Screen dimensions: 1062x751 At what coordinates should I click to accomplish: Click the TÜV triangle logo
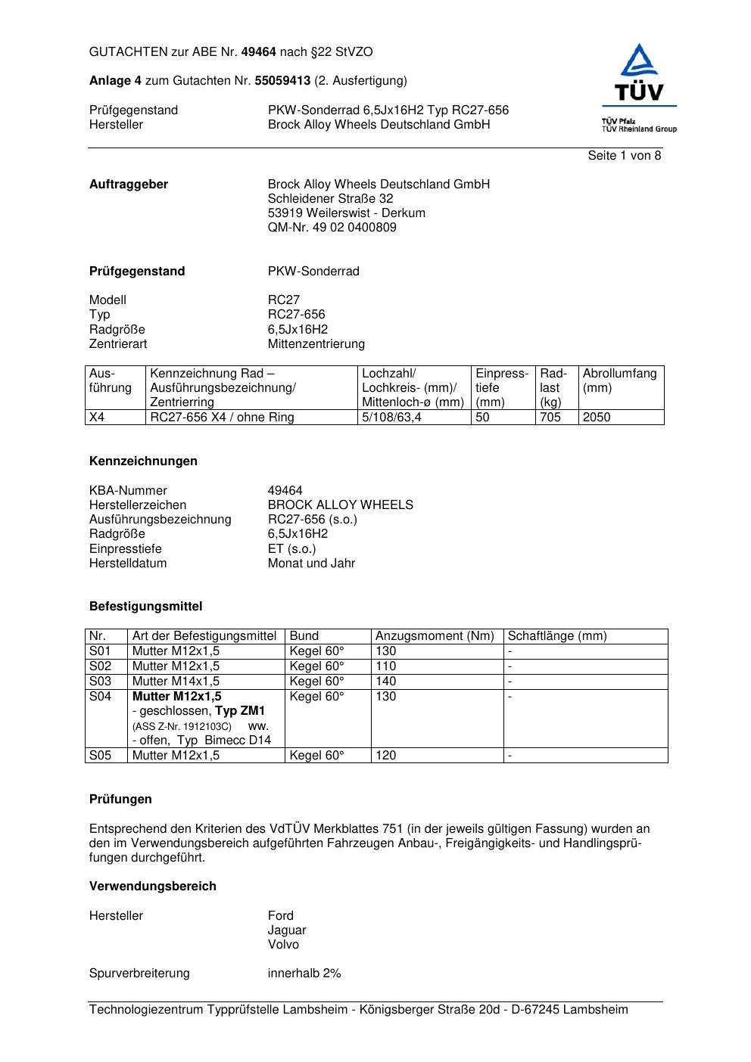tap(640, 73)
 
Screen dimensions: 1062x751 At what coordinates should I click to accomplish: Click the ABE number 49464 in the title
tap(258, 52)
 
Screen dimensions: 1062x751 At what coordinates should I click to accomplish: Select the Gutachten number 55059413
tap(282, 80)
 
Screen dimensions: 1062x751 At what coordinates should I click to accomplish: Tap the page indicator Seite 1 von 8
tap(624, 156)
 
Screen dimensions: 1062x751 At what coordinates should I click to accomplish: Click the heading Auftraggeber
tap(129, 185)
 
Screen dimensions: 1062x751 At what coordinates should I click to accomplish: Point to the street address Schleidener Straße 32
tap(330, 199)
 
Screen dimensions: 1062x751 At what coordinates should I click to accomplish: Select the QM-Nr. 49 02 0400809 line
tap(332, 228)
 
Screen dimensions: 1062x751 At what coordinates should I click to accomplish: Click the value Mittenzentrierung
tap(316, 344)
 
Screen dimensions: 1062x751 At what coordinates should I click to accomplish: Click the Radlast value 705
tap(550, 418)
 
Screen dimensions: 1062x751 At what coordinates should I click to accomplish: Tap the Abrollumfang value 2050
tap(597, 418)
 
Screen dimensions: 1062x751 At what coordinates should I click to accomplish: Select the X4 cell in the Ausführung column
tap(97, 418)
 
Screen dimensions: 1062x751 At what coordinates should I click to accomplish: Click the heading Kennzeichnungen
tap(143, 461)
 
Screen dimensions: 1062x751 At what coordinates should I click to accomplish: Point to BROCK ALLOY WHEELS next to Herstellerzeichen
tap(340, 505)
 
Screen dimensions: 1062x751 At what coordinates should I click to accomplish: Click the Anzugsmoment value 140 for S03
tap(385, 682)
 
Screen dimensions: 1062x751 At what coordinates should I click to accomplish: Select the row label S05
tap(100, 756)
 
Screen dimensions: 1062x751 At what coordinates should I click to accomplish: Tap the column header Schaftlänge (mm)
tap(556, 636)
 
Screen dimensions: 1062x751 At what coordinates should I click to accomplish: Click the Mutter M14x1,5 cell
tap(176, 682)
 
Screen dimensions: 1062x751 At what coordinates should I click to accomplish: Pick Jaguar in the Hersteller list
tap(287, 930)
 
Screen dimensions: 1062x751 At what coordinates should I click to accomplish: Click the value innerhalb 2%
tap(304, 973)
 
